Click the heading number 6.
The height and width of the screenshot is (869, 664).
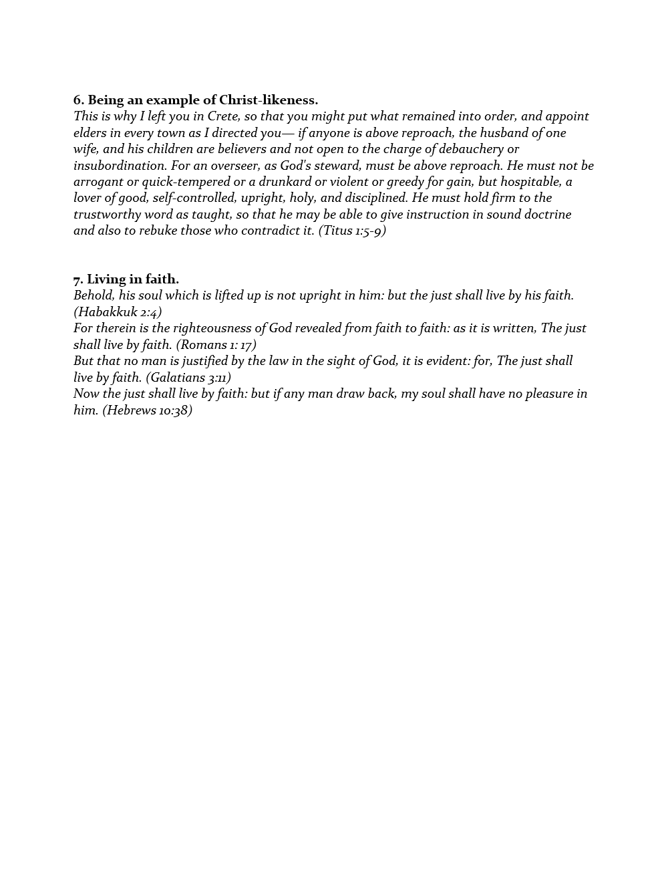click(79, 100)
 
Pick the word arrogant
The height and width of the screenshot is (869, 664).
click(98, 182)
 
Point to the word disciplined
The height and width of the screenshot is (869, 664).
click(375, 198)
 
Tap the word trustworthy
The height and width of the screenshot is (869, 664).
click(108, 215)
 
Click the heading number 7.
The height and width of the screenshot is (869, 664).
click(78, 279)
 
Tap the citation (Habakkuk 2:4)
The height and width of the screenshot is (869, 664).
click(118, 312)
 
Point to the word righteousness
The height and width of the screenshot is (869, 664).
click(212, 328)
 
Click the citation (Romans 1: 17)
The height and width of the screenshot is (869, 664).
click(216, 345)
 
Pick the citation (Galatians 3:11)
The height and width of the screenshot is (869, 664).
click(188, 378)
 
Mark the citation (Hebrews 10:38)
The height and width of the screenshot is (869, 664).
click(147, 410)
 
